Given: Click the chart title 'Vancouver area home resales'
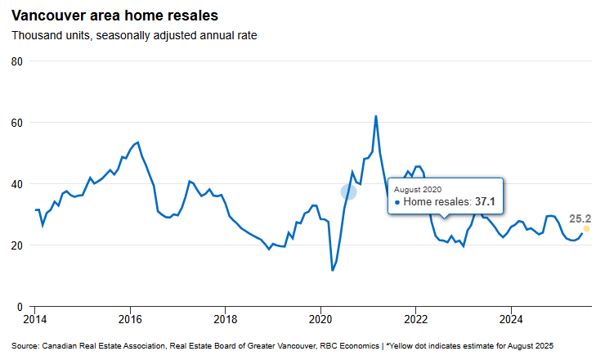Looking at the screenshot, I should (x=114, y=16).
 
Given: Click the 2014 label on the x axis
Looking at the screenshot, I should (x=35, y=318).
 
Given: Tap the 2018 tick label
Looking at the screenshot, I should (x=226, y=318).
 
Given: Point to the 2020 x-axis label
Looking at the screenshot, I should (x=320, y=318).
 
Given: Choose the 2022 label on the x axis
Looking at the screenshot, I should (x=416, y=318).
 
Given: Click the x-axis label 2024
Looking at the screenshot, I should (x=511, y=318).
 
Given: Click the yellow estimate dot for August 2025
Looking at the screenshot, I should (x=586, y=228).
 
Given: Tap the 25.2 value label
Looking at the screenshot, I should (x=580, y=218).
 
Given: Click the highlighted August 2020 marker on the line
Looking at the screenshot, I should (x=349, y=191).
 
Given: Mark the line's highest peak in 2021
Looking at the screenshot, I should (x=376, y=116).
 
